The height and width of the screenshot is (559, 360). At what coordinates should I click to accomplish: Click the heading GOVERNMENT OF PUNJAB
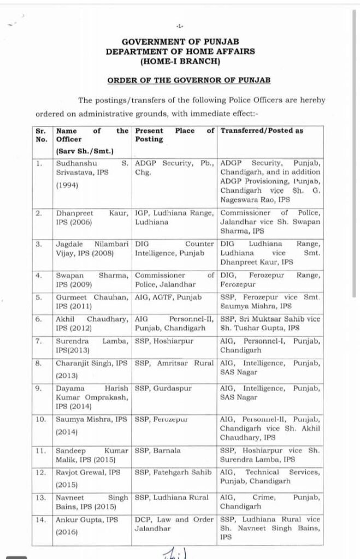180,41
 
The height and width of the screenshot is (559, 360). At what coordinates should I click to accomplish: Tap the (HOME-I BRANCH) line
180,61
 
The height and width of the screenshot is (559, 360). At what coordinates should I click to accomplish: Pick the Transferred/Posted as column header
261,131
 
